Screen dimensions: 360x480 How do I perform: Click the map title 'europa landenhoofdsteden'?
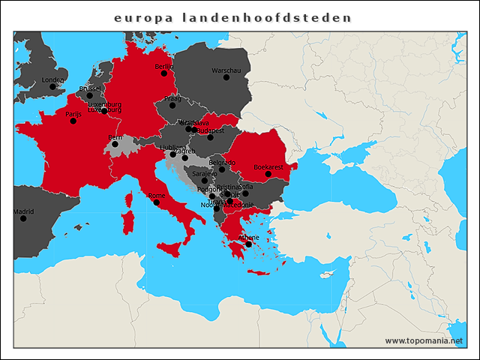point(232,17)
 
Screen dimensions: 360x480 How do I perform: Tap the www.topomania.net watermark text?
point(424,340)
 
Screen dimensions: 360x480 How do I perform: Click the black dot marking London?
point(52,86)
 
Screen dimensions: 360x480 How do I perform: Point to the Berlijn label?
point(163,66)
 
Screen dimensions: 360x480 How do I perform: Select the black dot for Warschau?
point(226,77)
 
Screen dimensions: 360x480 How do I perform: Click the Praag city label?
point(172,98)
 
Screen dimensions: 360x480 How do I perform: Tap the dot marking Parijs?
point(73,121)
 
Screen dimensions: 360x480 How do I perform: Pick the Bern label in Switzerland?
point(115,137)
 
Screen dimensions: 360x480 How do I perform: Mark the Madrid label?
point(23,211)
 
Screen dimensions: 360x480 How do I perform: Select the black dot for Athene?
point(248,244)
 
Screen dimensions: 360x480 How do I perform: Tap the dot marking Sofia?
point(245,193)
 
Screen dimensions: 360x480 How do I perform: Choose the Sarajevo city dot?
point(204,180)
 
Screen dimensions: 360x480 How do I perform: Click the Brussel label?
point(89,88)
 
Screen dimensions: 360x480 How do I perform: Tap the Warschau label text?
point(226,70)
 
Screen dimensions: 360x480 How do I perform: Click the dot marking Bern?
point(115,144)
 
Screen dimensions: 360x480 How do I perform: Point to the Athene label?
point(248,237)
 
